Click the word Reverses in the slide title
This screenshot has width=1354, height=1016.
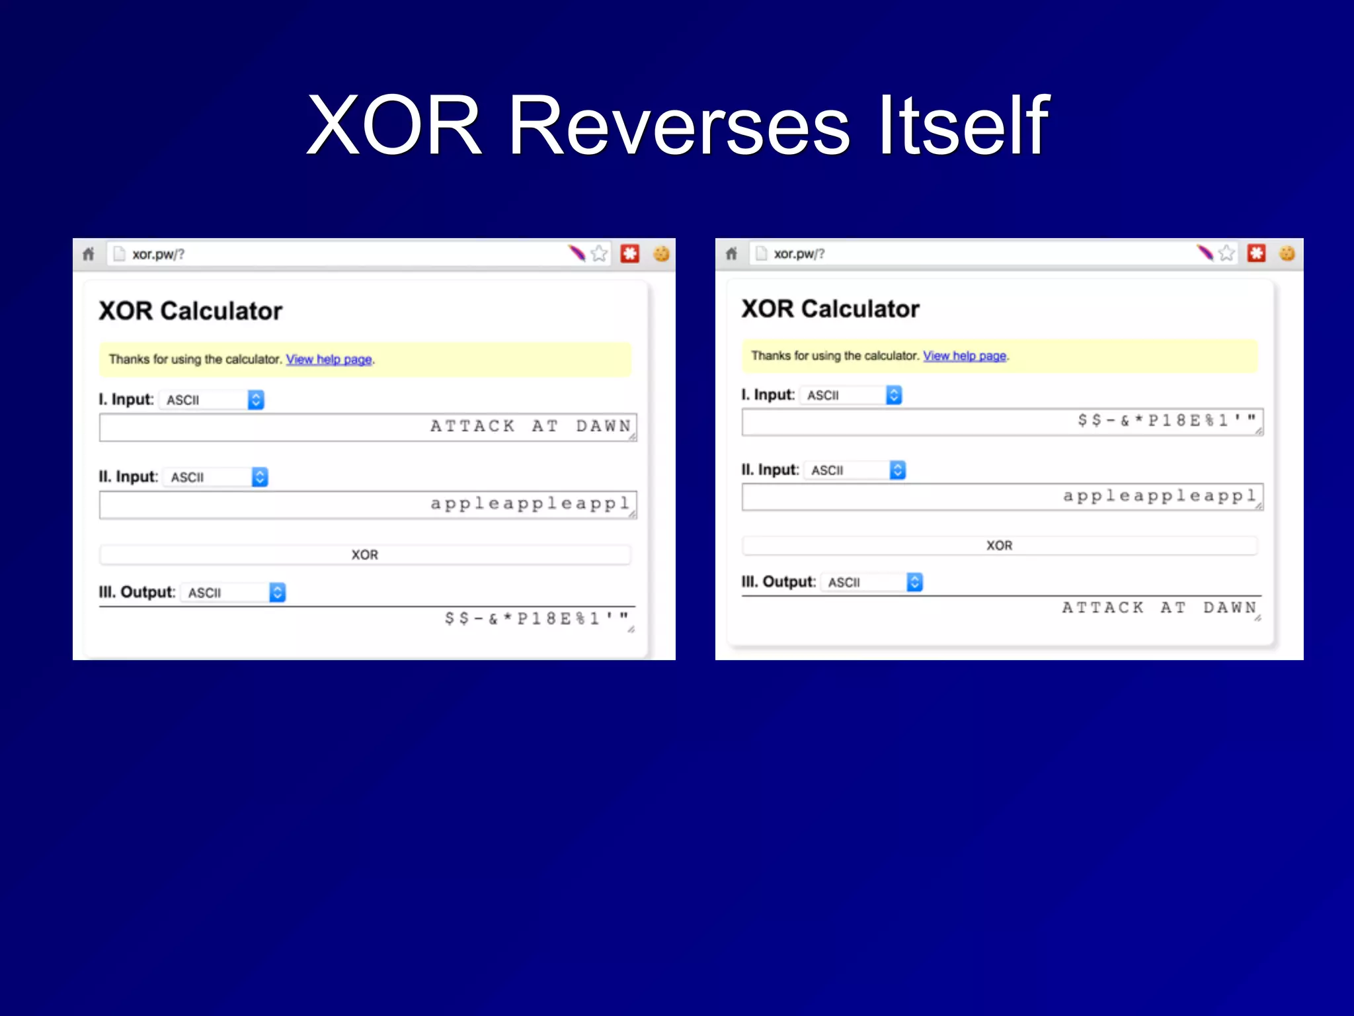pos(679,126)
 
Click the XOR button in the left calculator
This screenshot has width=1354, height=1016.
pos(364,555)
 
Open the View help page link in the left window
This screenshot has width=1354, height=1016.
pos(329,359)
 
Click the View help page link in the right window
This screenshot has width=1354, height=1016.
pos(965,356)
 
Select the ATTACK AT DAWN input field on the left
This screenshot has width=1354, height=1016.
pos(368,427)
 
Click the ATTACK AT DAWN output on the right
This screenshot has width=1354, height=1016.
pos(1002,608)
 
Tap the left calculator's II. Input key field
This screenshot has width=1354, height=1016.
pos(368,505)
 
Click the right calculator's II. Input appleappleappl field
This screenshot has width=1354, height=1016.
pos(1002,497)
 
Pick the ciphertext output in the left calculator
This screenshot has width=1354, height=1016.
pos(368,619)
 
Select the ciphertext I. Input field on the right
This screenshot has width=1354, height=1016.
pos(1002,421)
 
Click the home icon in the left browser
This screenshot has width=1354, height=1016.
pos(89,254)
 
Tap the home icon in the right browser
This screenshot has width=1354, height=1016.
pos(731,253)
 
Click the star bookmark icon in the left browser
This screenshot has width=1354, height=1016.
pos(599,253)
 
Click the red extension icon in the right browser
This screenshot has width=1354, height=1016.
pos(1256,253)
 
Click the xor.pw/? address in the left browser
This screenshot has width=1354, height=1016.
pos(158,255)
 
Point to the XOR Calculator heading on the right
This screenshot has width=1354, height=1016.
pos(830,309)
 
